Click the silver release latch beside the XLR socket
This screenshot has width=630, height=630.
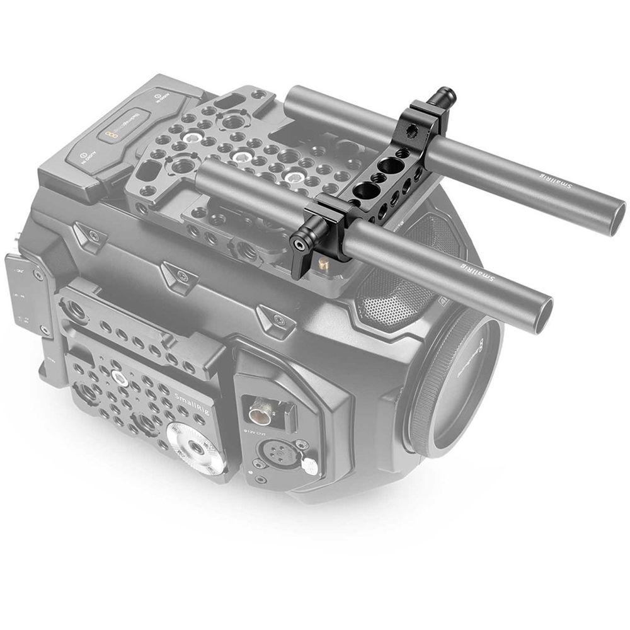pyautogui.click(x=309, y=466)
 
